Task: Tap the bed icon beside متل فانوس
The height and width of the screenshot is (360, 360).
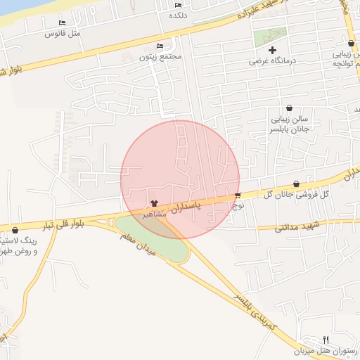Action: click(62, 23)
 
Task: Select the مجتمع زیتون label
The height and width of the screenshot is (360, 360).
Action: click(166, 56)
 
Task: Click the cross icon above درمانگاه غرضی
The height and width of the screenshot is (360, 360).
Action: click(272, 50)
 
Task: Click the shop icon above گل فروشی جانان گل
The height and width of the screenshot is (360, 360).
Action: click(296, 184)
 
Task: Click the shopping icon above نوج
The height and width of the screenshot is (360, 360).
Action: click(238, 195)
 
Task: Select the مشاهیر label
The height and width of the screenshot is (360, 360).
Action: click(156, 214)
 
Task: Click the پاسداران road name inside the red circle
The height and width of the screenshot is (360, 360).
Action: click(208, 204)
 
